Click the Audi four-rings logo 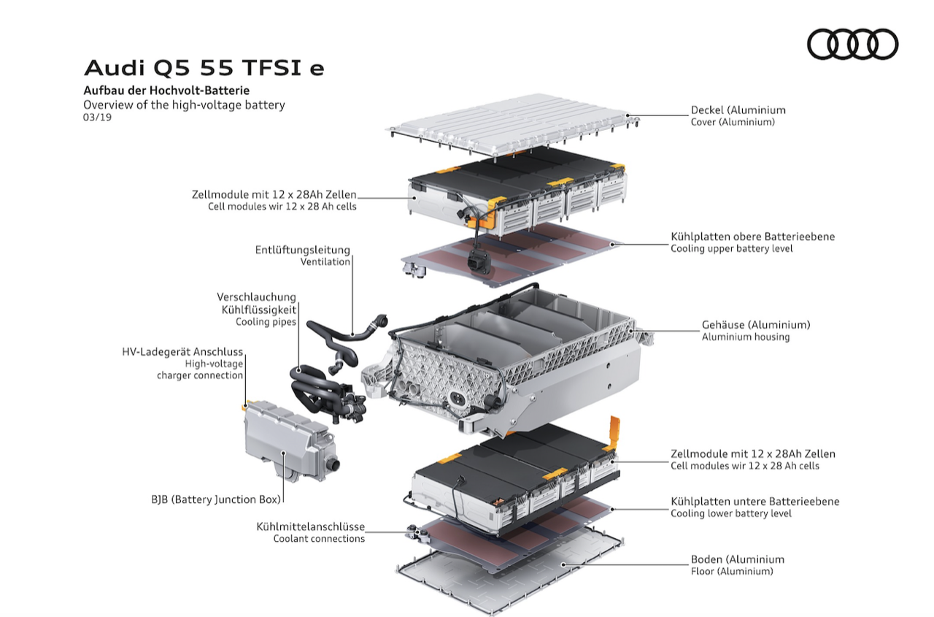click(853, 45)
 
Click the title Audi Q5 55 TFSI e click(204, 68)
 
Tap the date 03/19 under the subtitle click(97, 118)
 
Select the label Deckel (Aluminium click(738, 110)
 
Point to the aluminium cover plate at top click(512, 125)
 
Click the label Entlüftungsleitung click(302, 250)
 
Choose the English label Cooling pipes click(266, 321)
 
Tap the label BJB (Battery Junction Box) click(216, 499)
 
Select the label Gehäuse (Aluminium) click(756, 324)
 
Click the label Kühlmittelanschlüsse click(311, 526)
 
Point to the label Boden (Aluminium click(738, 559)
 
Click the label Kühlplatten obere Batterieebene click(752, 237)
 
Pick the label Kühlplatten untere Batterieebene click(754, 502)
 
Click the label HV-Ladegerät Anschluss click(182, 352)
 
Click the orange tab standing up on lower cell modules click(614, 433)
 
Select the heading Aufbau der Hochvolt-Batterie click(166, 91)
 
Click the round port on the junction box click(333, 464)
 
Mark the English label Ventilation click(325, 261)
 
